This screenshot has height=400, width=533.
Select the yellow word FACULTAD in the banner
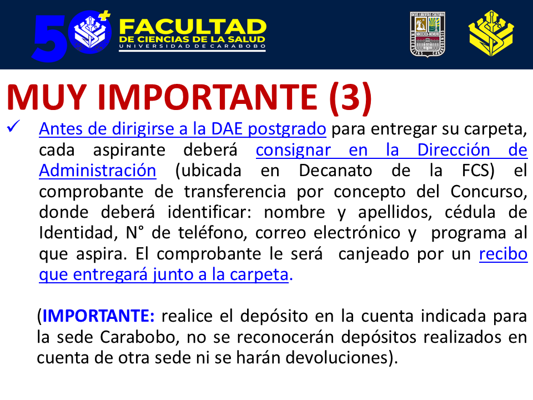point(193,27)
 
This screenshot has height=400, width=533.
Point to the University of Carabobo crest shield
point(428,34)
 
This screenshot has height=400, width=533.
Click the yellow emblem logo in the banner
point(491,33)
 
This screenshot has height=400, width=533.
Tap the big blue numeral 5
point(49,38)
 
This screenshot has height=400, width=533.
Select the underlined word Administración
point(98,171)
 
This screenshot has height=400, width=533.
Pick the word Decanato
point(335,171)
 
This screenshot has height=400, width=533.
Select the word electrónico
point(356,233)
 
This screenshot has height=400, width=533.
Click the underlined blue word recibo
point(503,254)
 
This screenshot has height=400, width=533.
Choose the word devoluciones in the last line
point(336,357)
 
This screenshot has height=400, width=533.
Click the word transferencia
point(235,192)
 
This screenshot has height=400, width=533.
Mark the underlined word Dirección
point(454,149)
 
